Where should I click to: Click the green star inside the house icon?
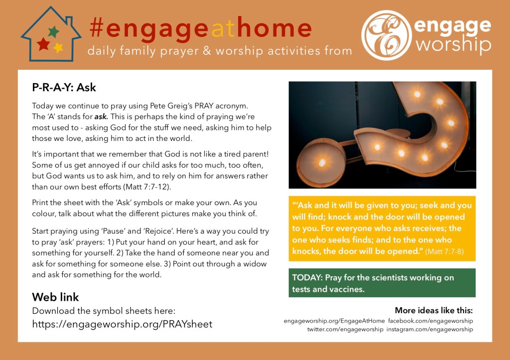point(54,31)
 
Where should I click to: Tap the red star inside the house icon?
point(43,44)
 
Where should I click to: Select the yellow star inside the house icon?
point(58,48)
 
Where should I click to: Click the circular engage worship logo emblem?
point(386,35)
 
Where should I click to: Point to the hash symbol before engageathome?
point(97,28)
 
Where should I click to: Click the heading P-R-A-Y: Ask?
point(64,87)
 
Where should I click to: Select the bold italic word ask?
point(101,117)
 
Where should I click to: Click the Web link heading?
point(55,297)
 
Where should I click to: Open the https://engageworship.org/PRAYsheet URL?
point(122,324)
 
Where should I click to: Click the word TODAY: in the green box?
point(307,277)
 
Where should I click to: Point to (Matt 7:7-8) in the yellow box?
point(444,251)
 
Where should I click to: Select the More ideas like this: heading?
point(434,310)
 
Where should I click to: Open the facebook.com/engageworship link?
point(430,321)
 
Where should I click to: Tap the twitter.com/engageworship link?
point(346,329)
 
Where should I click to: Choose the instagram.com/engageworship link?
point(430,330)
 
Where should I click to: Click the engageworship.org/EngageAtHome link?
point(334,321)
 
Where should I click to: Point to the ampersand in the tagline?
point(207,51)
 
